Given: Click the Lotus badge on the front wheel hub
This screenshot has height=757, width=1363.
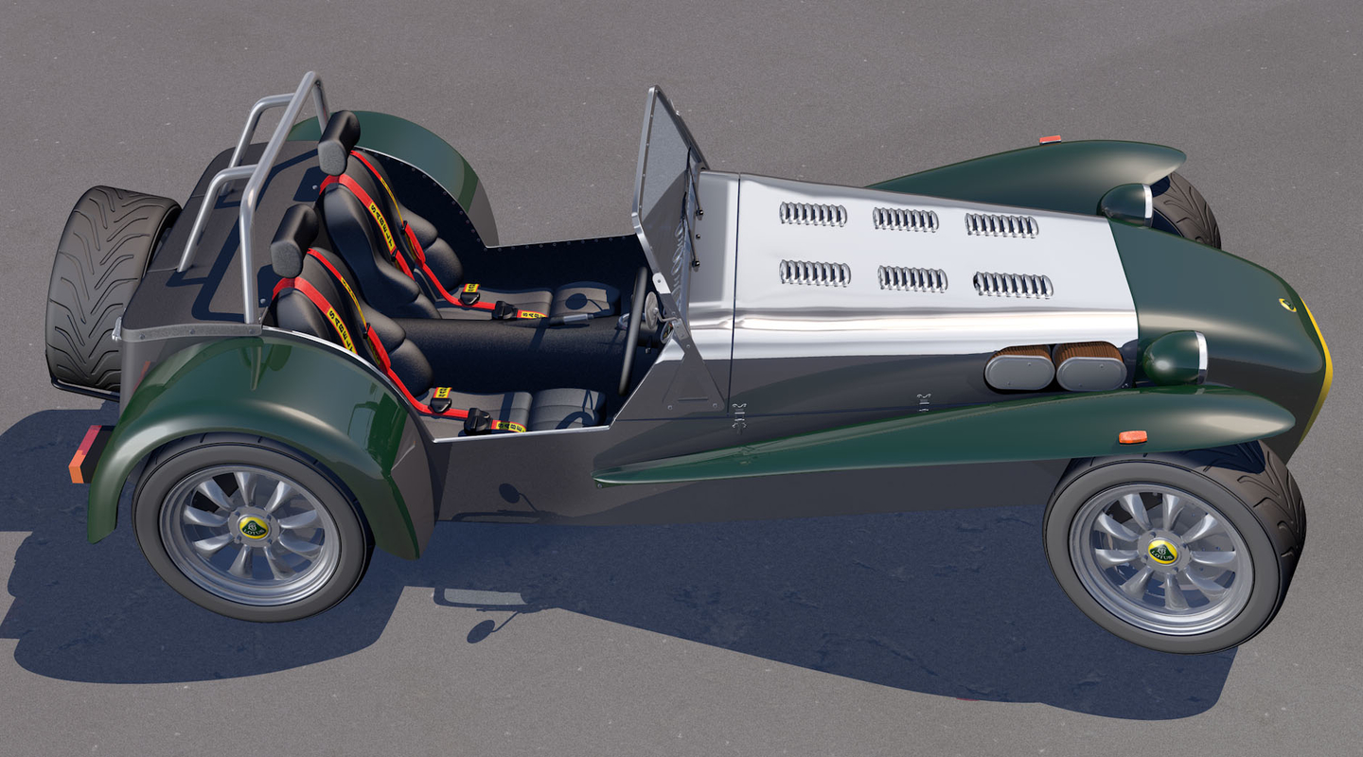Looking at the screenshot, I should point(1162,551).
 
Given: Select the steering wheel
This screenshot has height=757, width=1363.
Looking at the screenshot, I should point(632,331).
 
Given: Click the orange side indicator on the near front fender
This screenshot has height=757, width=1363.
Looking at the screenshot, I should point(1132,437).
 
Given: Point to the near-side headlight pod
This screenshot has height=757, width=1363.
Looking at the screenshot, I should point(1174,358).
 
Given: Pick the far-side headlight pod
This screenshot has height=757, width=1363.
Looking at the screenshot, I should point(1124,202).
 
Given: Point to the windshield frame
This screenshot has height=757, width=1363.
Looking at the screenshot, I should point(667,189).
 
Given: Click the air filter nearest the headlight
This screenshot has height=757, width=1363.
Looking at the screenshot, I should point(1089,366).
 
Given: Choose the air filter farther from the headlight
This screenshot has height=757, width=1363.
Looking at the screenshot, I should point(1018,368).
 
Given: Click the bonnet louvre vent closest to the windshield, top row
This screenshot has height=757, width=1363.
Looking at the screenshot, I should point(813,214).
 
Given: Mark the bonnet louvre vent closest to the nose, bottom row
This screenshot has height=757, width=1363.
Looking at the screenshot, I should point(1013,285).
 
